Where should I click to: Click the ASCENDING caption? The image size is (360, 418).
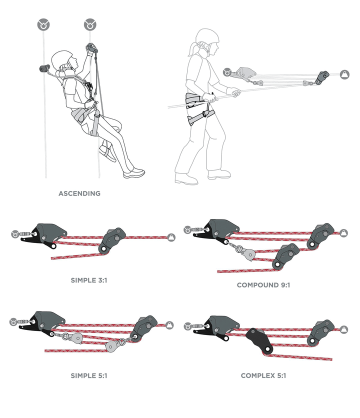tap(79, 193)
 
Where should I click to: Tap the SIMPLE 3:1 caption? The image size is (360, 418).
tap(89, 280)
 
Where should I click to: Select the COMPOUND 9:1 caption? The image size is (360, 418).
tap(263, 285)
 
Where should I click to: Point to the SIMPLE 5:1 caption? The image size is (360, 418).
tap(89, 376)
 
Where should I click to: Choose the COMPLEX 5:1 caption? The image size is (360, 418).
tap(263, 376)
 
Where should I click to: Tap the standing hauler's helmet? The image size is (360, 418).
tap(207, 37)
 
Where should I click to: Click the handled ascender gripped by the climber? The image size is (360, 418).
tap(91, 48)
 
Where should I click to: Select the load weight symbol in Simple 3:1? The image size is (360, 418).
tap(171, 237)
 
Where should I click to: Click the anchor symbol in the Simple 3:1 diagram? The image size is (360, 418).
tap(15, 234)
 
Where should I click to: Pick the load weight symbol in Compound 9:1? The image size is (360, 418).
tap(344, 233)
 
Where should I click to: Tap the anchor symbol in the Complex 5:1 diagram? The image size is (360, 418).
tap(187, 326)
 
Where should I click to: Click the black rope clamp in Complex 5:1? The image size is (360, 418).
tap(259, 341)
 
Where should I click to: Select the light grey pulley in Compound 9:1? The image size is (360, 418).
tap(248, 253)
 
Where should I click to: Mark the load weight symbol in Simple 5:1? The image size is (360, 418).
tap(169, 325)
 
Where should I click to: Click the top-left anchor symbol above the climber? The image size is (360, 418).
tap(43, 24)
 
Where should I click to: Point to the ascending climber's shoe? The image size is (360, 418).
tap(134, 173)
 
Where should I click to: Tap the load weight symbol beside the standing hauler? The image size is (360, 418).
tap(344, 74)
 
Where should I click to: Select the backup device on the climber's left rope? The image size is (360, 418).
tap(44, 69)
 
